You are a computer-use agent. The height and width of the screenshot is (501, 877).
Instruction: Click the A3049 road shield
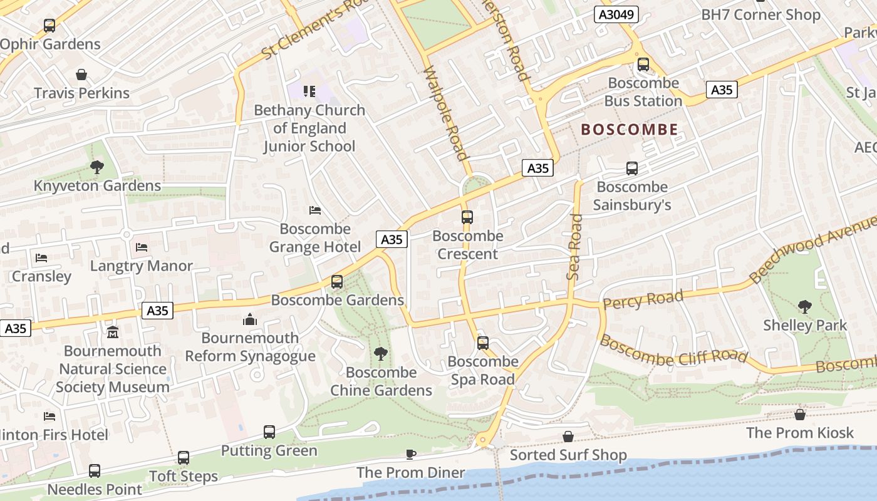point(616,15)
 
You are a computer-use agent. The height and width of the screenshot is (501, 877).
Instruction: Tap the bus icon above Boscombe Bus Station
point(643,65)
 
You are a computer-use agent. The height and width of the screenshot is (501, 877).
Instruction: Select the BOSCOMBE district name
point(630,130)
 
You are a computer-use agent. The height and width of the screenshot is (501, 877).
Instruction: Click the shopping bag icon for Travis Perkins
point(81,75)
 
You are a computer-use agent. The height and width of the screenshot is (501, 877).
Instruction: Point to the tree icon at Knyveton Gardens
point(96,167)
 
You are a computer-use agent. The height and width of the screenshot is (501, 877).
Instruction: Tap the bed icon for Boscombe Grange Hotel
point(315,210)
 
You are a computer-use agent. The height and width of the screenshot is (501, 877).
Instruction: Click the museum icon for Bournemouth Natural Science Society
point(113,331)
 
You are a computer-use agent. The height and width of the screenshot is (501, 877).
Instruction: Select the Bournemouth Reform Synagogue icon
point(250,320)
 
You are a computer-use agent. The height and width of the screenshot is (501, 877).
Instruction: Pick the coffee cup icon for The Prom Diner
point(411,454)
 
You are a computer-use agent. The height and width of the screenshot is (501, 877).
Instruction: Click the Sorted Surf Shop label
point(568,455)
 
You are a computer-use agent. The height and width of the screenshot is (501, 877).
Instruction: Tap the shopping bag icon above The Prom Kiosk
point(799,415)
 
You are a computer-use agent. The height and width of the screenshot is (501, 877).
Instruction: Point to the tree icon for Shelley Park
point(805,307)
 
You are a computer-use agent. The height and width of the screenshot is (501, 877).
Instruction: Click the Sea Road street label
point(574,247)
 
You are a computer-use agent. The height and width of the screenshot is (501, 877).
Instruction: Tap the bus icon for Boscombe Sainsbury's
point(632,168)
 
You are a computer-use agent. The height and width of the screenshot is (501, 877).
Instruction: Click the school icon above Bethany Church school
point(309,92)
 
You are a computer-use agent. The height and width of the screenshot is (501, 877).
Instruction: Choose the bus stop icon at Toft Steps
point(183,458)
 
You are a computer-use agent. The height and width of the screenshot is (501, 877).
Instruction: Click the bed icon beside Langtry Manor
point(142,247)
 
